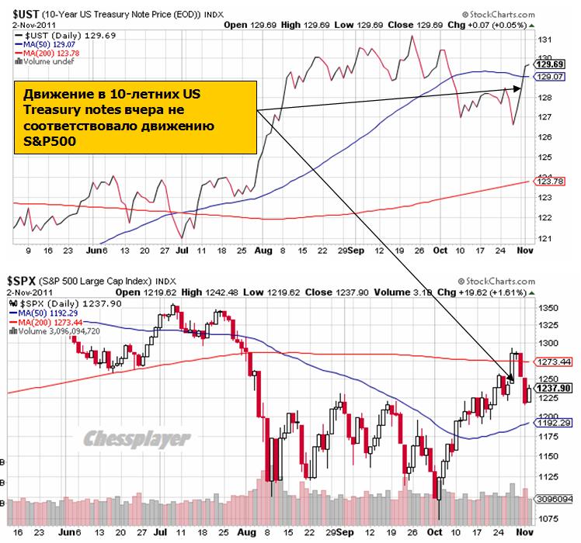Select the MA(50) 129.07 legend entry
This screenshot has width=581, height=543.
coord(47,44)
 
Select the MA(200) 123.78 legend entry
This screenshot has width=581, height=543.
coord(50,53)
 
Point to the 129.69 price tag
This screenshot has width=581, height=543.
coord(553,64)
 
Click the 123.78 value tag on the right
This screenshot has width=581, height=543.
coord(553,181)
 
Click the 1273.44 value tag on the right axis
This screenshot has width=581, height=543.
coord(555,361)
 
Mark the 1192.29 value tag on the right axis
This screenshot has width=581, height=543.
coord(555,424)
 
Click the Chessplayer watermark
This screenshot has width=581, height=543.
coord(137,438)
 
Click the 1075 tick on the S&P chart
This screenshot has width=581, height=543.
coord(548,517)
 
